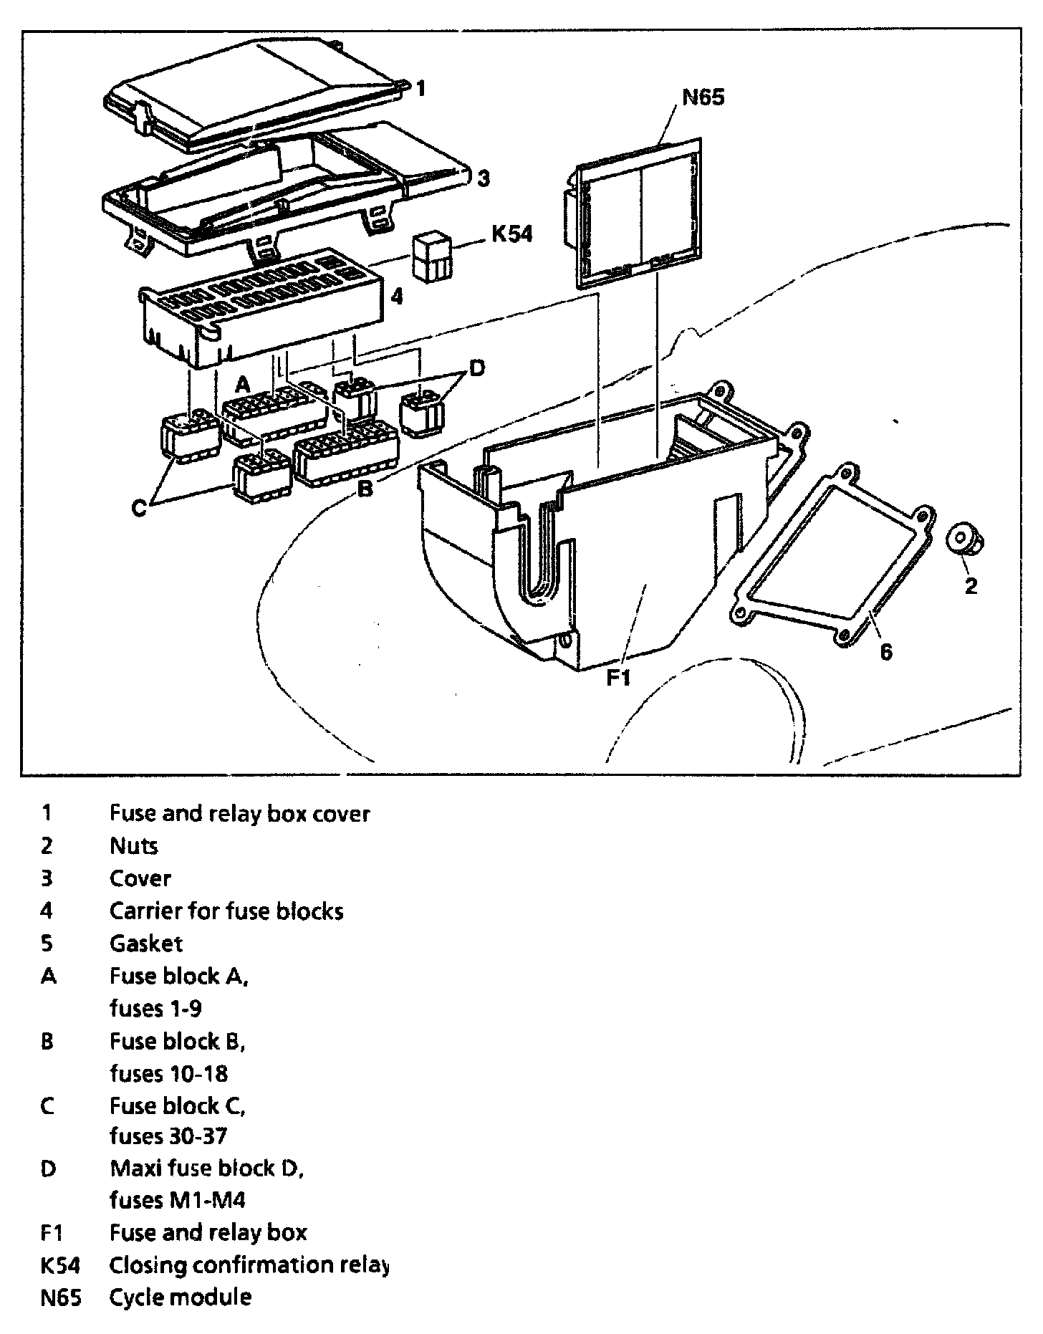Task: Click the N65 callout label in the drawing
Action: click(702, 97)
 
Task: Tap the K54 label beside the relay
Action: click(511, 234)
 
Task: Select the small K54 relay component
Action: click(432, 256)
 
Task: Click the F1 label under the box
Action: click(618, 677)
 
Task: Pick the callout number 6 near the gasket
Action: click(886, 652)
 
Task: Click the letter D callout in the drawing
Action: click(476, 368)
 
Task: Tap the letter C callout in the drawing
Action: click(140, 508)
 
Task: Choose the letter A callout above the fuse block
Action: click(243, 384)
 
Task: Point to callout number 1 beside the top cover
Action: click(421, 88)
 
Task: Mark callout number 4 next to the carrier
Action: click(396, 296)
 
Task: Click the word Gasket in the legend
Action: click(146, 943)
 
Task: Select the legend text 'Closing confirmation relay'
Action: click(249, 1265)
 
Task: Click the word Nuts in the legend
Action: click(133, 845)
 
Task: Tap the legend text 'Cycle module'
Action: click(180, 1297)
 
